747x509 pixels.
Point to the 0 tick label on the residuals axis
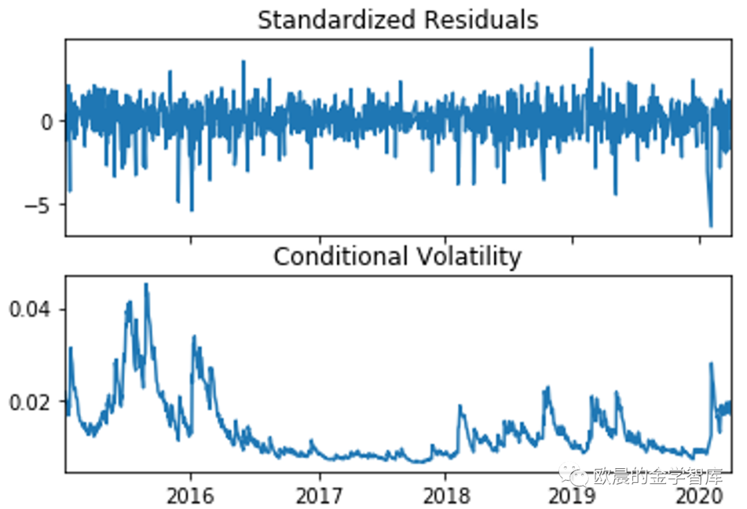(x=47, y=122)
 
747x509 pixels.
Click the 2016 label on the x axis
(x=191, y=496)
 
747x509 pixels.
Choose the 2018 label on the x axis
(x=446, y=496)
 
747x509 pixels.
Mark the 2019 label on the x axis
(x=573, y=496)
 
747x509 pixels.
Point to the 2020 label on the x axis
(x=699, y=496)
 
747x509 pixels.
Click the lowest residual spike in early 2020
(x=710, y=225)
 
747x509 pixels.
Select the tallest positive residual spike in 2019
(x=591, y=48)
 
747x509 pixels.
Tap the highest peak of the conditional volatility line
(x=146, y=284)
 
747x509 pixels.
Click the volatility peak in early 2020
(x=710, y=363)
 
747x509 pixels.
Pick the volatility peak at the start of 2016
(x=194, y=337)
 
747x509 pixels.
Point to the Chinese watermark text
(x=658, y=476)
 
